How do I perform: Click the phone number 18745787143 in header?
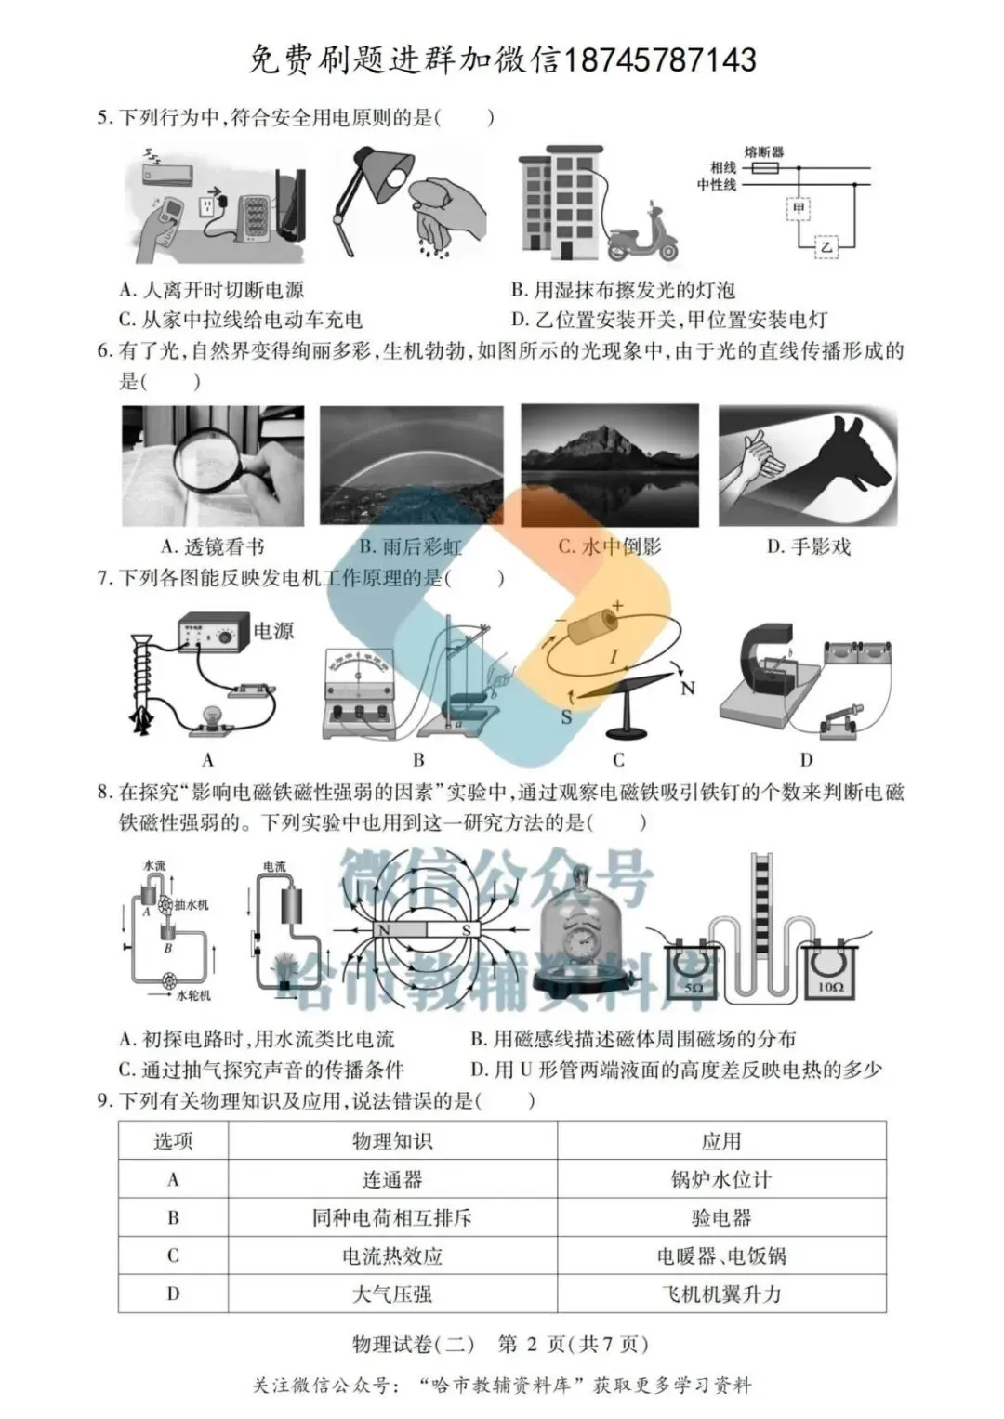[661, 60]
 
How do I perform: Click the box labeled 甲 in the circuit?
[799, 209]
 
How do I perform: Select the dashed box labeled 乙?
[826, 246]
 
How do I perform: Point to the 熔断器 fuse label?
[764, 151]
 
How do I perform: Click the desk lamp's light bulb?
[400, 177]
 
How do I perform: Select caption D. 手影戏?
[808, 546]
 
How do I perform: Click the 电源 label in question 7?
[273, 631]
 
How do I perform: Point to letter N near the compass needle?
[688, 689]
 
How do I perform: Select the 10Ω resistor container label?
[830, 987]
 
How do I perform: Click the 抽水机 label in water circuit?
[192, 904]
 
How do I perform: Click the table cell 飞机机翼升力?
[721, 1294]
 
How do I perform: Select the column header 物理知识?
[391, 1141]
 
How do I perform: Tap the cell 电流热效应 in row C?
[391, 1255]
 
